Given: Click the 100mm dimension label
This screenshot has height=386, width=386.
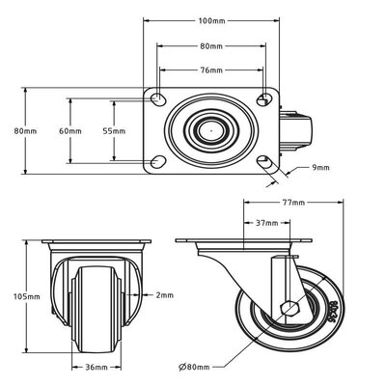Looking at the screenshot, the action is (212, 21).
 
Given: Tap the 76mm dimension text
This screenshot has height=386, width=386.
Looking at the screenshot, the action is (211, 70).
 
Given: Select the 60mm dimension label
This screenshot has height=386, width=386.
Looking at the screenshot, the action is (70, 131).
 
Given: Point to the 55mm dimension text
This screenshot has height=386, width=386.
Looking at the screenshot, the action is (114, 131).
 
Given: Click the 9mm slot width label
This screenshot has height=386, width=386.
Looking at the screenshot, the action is (320, 168).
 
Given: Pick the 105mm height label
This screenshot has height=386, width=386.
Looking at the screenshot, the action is (27, 296).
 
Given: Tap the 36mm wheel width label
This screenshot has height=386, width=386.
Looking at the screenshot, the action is (96, 367).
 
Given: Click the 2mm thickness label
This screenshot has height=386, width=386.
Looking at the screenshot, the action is (165, 295).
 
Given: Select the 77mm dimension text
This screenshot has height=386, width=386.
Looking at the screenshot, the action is (293, 203).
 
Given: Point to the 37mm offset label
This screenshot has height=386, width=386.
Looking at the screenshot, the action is (267, 223).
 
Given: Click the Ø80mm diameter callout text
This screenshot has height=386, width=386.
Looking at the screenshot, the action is (194, 367).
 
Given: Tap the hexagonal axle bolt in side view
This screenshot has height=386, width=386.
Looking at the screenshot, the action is (290, 309).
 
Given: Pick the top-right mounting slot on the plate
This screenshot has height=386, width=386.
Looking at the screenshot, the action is (264, 99).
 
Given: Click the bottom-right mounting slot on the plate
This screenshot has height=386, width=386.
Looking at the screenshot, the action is (264, 161).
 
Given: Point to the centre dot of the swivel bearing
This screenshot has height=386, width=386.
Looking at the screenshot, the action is (211, 131).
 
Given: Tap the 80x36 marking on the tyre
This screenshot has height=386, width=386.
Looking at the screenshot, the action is (334, 312).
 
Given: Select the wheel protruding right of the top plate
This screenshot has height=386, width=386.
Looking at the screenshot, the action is (295, 131).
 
